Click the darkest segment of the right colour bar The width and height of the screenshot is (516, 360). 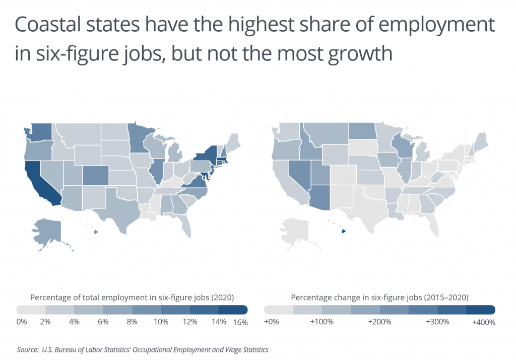coord(481,309)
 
